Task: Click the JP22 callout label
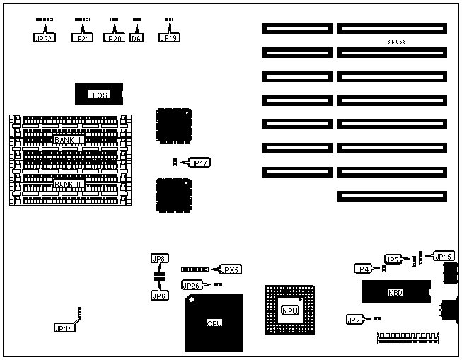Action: [43, 37]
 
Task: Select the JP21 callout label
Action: [82, 37]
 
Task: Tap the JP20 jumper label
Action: [114, 37]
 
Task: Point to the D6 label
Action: [137, 37]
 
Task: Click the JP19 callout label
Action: [168, 37]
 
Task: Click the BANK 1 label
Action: [69, 139]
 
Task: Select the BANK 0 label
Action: [69, 184]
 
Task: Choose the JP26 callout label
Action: [192, 285]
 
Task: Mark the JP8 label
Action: [159, 259]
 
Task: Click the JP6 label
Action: [159, 296]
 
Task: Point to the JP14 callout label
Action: [64, 327]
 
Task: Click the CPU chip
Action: [214, 323]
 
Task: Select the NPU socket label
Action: [289, 311]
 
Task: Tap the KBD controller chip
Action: [395, 292]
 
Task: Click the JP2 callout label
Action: [356, 320]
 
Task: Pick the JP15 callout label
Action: [444, 256]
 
